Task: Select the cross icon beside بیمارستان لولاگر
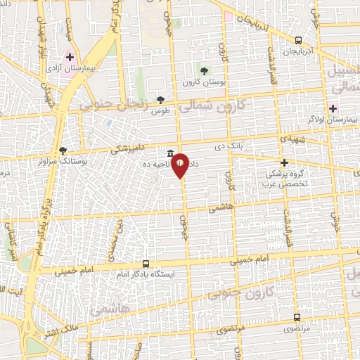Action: tap(333, 108)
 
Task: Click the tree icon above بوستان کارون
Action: tap(204, 71)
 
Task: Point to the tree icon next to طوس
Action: tap(160, 99)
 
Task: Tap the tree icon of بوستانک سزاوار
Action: tap(63, 150)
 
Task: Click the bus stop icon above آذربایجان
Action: tap(299, 41)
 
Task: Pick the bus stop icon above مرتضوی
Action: tap(297, 317)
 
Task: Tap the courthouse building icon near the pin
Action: tap(170, 154)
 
